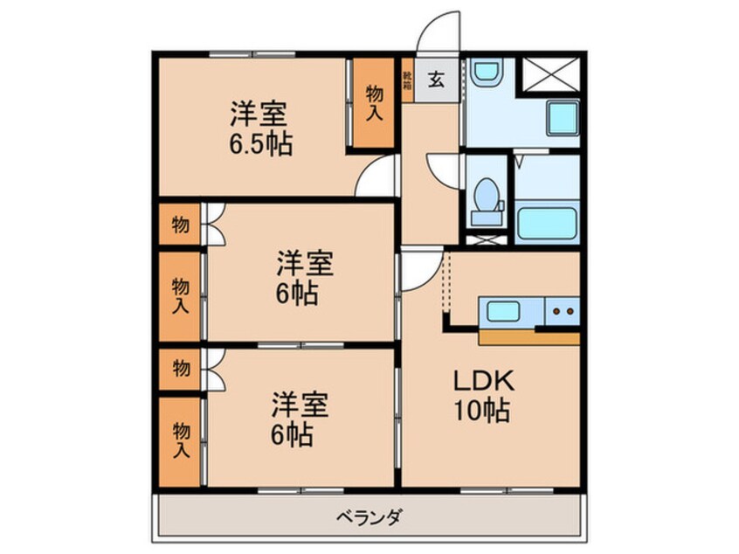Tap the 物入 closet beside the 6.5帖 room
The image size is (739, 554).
click(373, 103)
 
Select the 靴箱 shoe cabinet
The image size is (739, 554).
click(407, 80)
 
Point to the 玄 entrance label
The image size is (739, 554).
click(437, 80)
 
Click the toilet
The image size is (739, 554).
click(485, 197)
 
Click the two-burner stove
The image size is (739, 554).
click(562, 310)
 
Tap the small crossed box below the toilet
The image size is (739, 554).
click(484, 237)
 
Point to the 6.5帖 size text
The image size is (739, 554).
click(260, 142)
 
